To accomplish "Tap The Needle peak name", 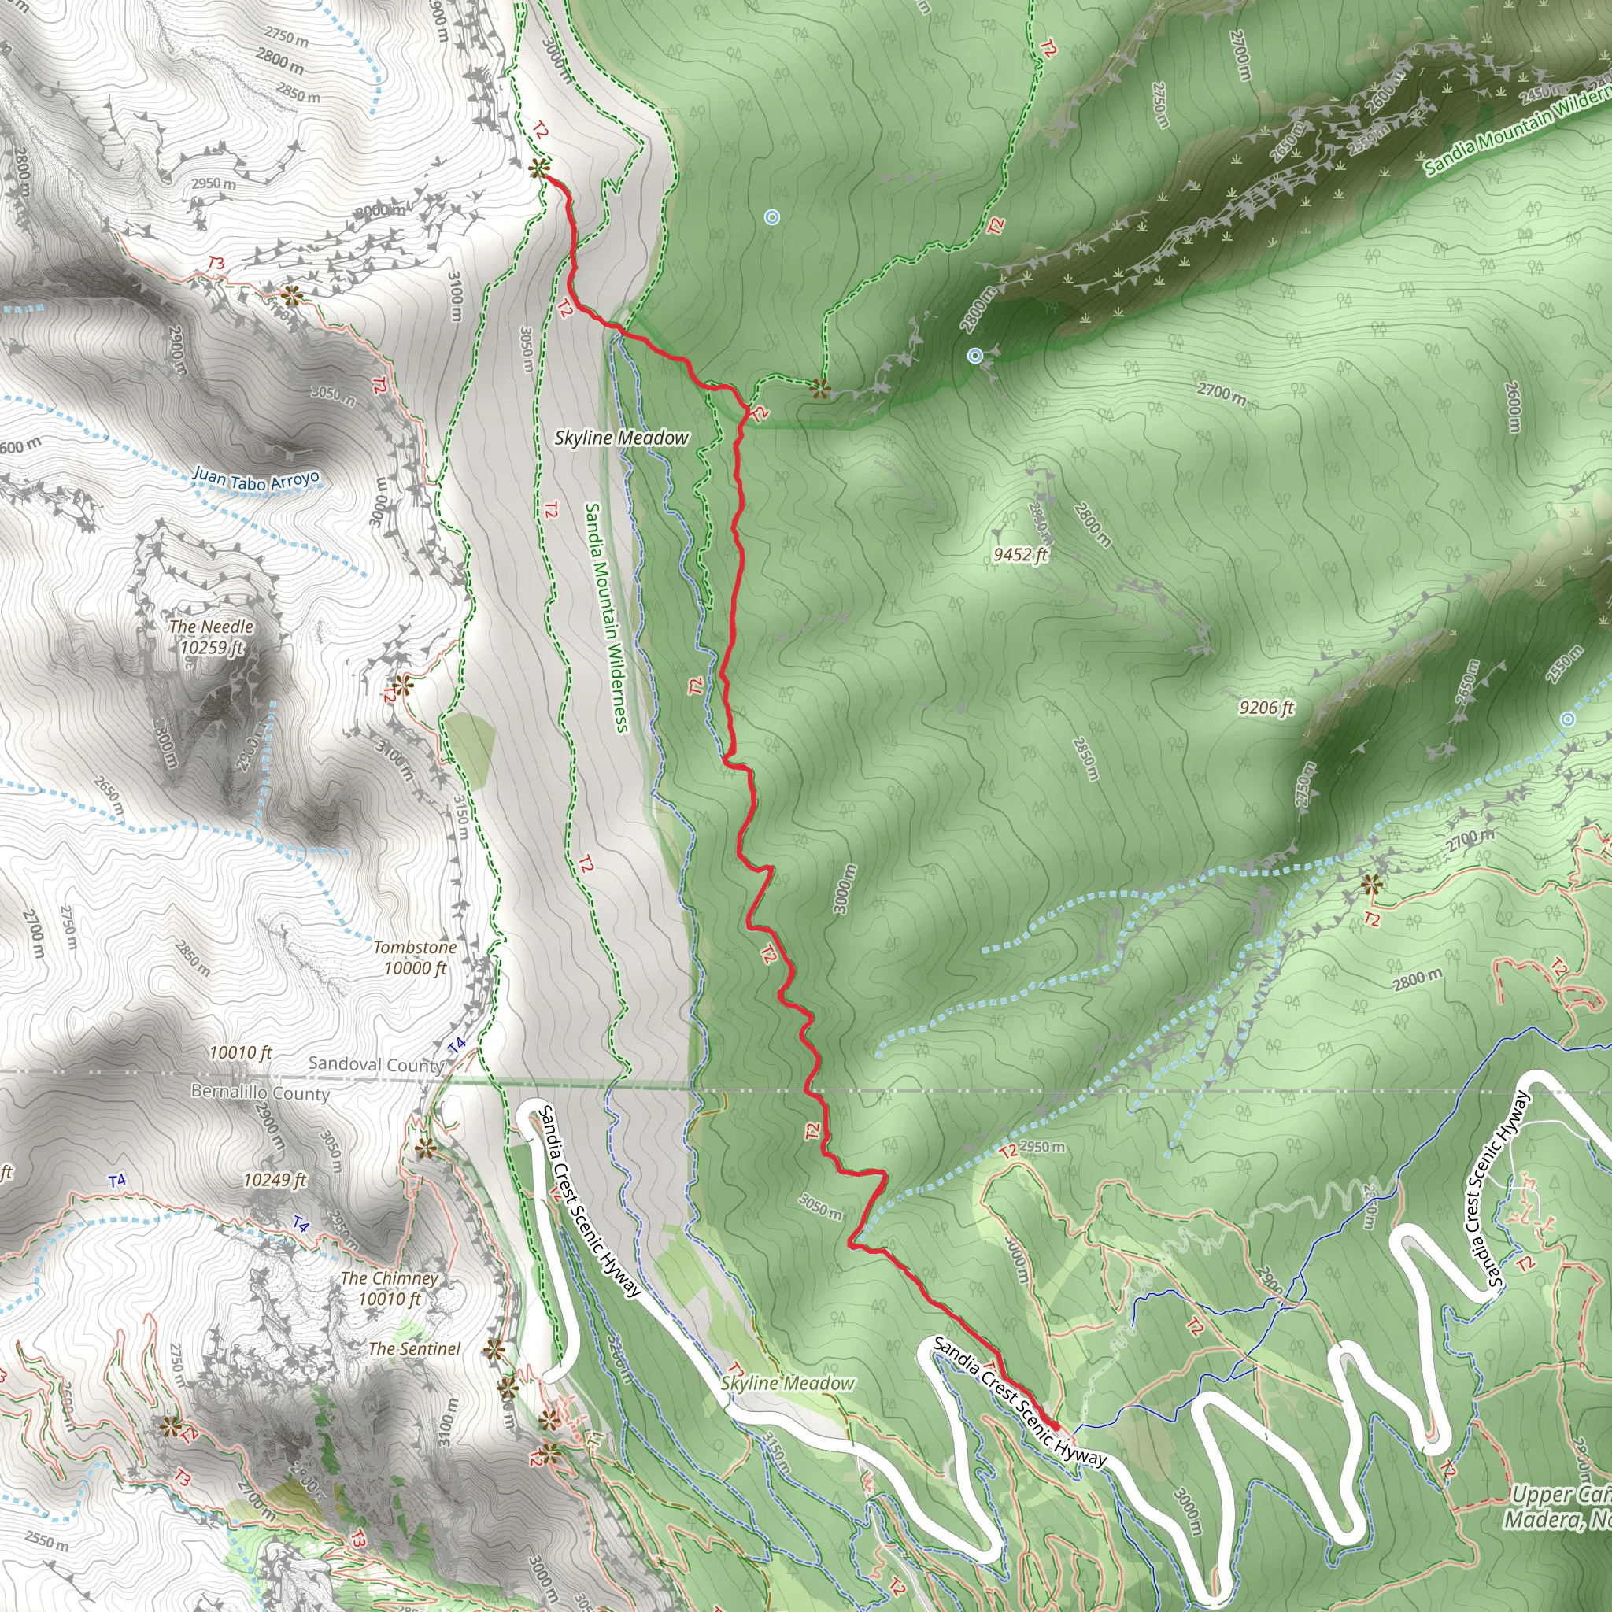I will click(x=211, y=627).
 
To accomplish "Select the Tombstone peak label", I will click(x=415, y=948).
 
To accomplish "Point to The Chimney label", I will click(x=389, y=1278).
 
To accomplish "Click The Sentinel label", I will click(x=414, y=1348).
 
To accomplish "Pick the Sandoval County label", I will click(x=375, y=1065).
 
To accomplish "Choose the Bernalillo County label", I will click(x=261, y=1093).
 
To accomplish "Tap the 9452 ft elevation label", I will click(x=1019, y=555).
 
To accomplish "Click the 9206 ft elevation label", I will click(x=1266, y=708).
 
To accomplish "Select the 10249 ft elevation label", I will click(x=275, y=1180).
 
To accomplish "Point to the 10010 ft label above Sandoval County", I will click(x=240, y=1053).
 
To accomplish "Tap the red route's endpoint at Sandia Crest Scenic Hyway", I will click(x=1054, y=1426).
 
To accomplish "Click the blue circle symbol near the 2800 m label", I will click(x=974, y=357).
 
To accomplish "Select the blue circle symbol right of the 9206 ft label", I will click(x=1568, y=719).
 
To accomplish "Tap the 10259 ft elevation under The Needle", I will click(x=211, y=648).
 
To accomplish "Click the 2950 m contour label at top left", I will click(x=213, y=183).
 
